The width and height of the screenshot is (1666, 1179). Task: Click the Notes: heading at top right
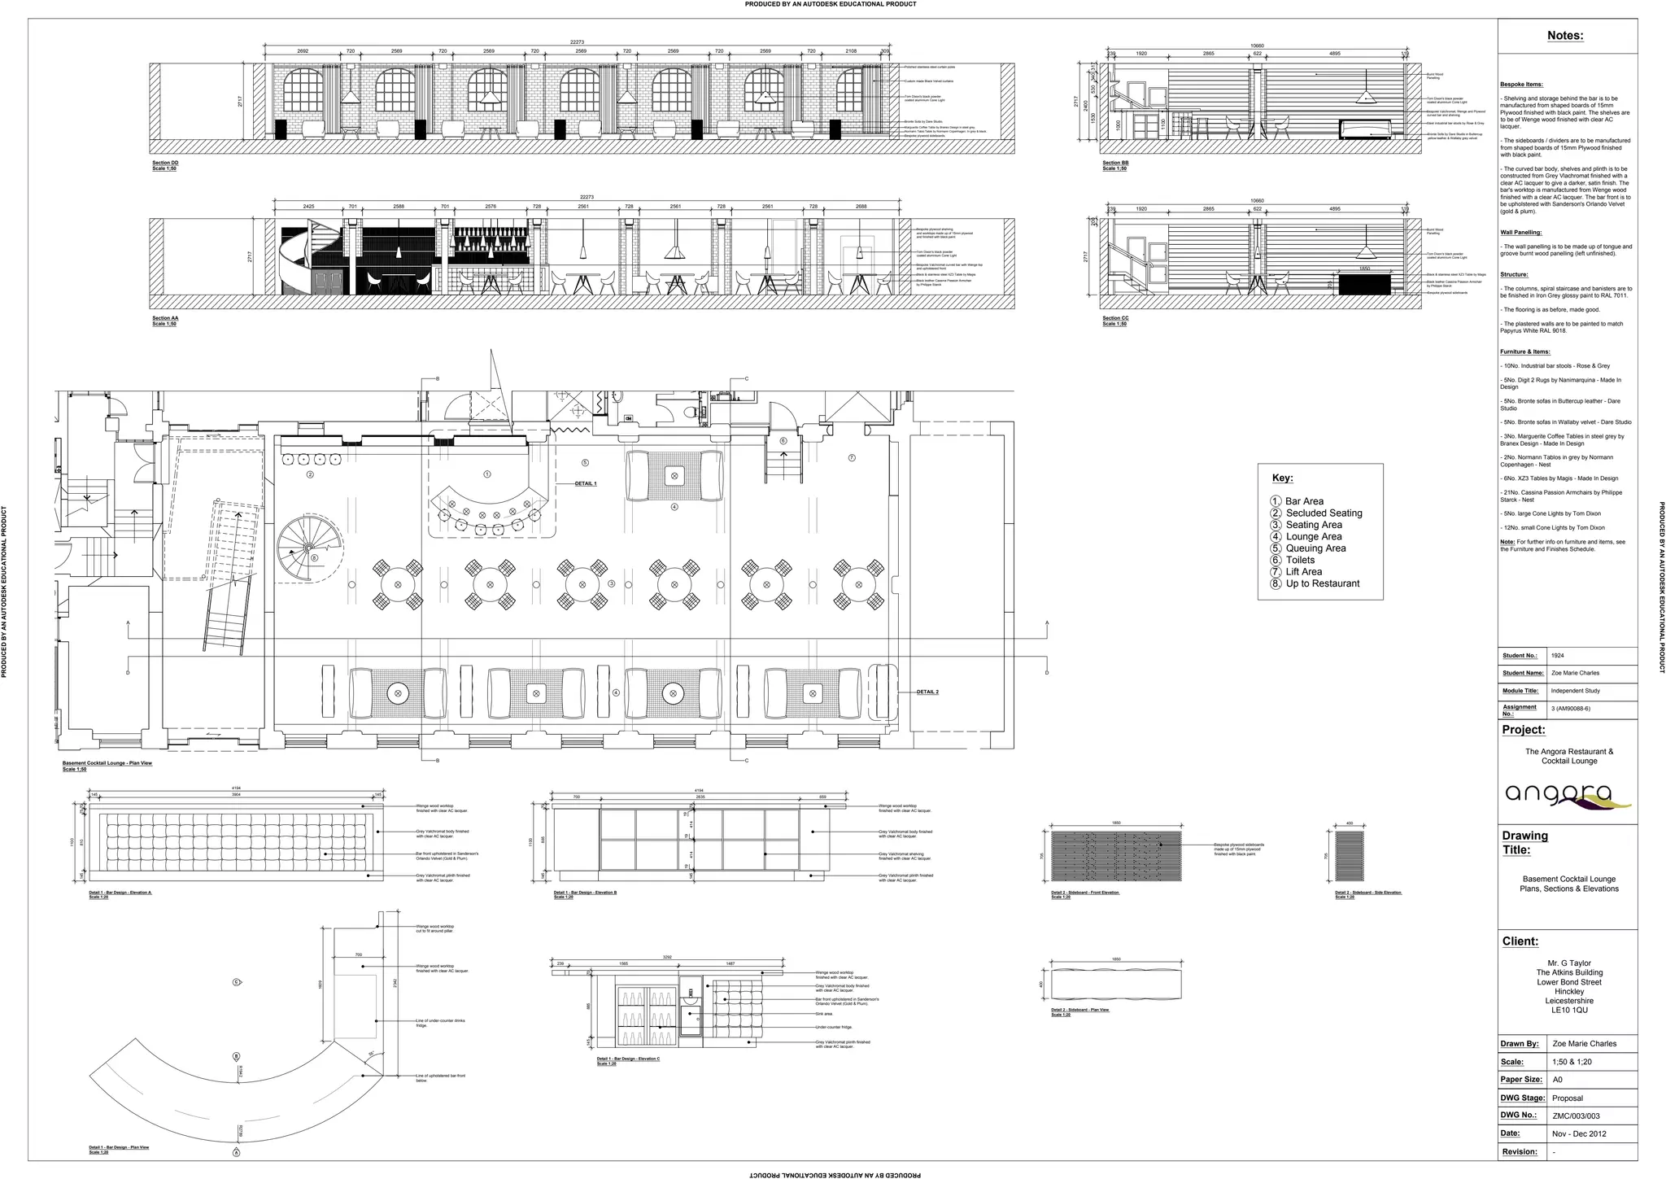[1565, 36]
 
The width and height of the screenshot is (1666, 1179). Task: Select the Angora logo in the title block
[1568, 795]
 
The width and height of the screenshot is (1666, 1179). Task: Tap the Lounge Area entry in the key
[1313, 537]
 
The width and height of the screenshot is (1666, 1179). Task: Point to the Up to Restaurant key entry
[1322, 583]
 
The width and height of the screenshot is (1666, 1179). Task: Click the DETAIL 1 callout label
[586, 483]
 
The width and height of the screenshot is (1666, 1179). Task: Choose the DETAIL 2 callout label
[927, 692]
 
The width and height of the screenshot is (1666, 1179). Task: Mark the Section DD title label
[165, 163]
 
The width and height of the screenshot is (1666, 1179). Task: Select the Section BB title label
[1115, 163]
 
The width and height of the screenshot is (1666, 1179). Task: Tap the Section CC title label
[1115, 318]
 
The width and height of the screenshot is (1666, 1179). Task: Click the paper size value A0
[1557, 1080]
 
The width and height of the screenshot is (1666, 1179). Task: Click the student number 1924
[1557, 656]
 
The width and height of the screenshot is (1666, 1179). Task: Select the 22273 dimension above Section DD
[577, 42]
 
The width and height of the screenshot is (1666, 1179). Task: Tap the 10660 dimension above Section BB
[1257, 46]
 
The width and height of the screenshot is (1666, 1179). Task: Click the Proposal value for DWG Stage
[1568, 1098]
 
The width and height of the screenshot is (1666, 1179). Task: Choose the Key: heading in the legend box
[1282, 478]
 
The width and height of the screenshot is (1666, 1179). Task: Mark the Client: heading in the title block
[1520, 941]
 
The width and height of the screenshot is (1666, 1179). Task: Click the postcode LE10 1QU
[1569, 1011]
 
